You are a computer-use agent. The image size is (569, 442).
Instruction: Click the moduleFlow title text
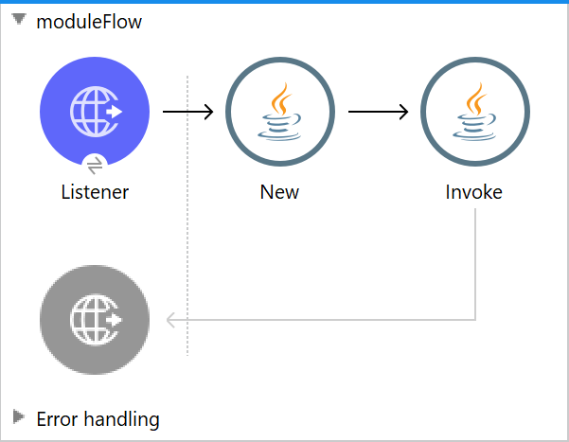pyautogui.click(x=89, y=22)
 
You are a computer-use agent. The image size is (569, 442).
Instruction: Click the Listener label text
pyautogui.click(x=95, y=192)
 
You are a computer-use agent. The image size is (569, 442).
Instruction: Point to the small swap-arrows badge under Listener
pyautogui.click(x=95, y=164)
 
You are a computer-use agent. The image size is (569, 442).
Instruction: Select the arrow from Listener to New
pyautogui.click(x=187, y=112)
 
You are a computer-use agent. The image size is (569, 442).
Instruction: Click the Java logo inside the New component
pyautogui.click(x=279, y=112)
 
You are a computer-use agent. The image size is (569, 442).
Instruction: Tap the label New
pyautogui.click(x=279, y=192)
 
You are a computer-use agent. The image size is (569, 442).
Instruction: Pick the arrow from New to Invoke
pyautogui.click(x=378, y=112)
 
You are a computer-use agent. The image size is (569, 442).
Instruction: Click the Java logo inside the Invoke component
pyautogui.click(x=473, y=112)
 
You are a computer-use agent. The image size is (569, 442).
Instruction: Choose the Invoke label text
pyautogui.click(x=473, y=192)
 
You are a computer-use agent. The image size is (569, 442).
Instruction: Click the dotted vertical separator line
pyautogui.click(x=187, y=237)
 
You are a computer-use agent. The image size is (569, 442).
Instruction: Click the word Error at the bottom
pyautogui.click(x=58, y=418)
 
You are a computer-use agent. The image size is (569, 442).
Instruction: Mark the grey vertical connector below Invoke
pyautogui.click(x=474, y=265)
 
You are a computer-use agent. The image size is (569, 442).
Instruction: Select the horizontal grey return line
pyautogui.click(x=331, y=320)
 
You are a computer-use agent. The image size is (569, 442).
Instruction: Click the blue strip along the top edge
pyautogui.click(x=284, y=2)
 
